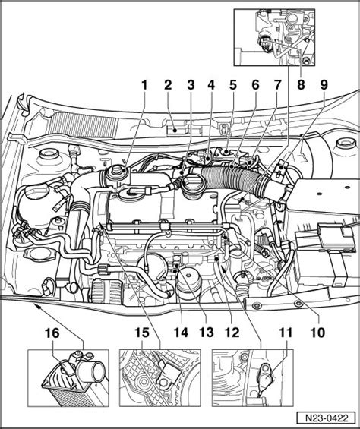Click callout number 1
point(144,85)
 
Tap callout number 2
point(168,85)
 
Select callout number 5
point(232,85)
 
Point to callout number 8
point(301,85)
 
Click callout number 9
point(324,85)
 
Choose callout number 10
point(317,333)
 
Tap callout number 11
point(286,333)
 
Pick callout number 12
point(232,333)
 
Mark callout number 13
point(207,333)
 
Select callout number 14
point(181,333)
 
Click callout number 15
point(142,333)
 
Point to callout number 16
point(52,333)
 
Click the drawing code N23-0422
point(327,418)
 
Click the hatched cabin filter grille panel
point(83,125)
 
